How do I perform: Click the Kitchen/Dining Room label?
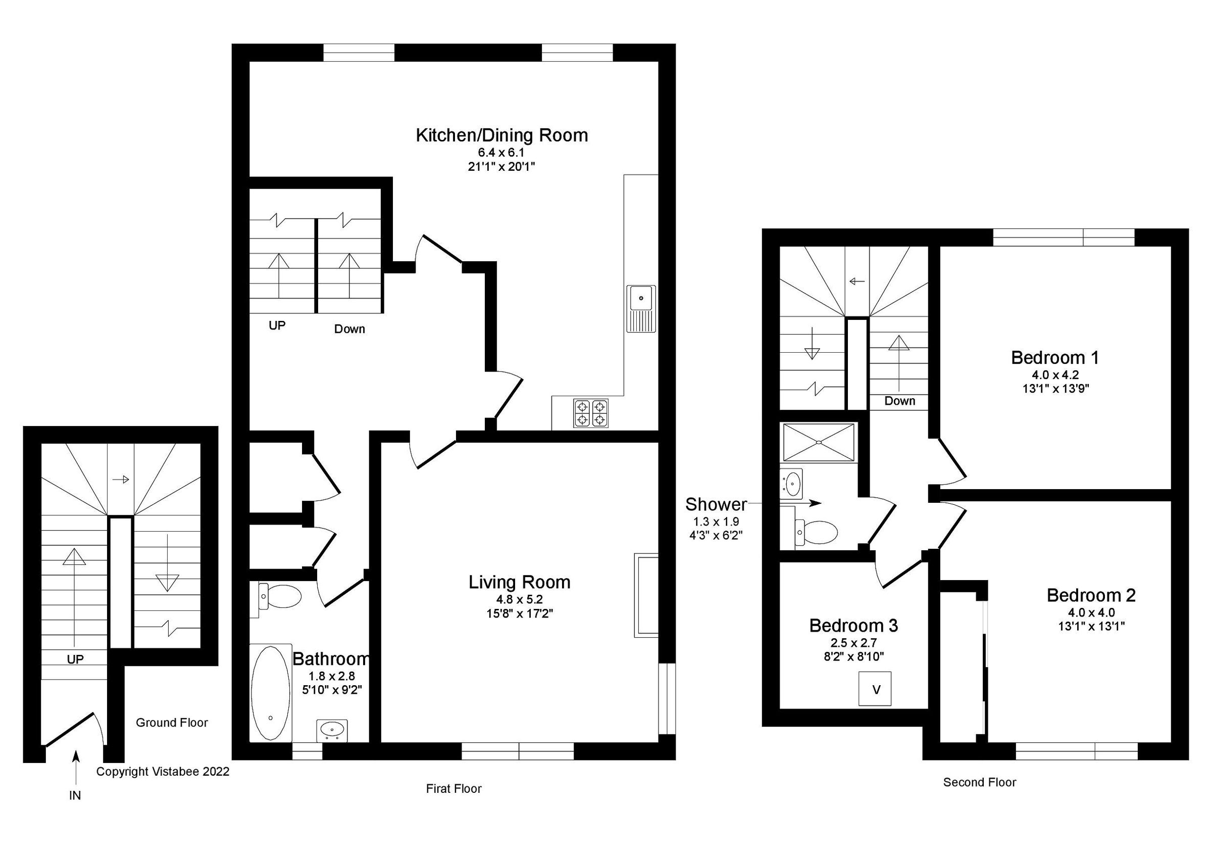coord(501,135)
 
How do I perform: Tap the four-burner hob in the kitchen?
coord(591,413)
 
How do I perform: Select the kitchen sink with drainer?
coord(641,308)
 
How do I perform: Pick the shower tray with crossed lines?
coord(819,442)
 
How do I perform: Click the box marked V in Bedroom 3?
coord(875,689)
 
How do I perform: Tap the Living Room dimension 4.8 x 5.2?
coord(519,599)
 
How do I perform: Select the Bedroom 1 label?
coord(1054,358)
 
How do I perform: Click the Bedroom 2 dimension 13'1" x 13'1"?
coord(1091,626)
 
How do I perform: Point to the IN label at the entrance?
coord(75,795)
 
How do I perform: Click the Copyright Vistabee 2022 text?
coord(163,772)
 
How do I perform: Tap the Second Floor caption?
coord(979,782)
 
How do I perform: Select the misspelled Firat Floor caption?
coord(453,788)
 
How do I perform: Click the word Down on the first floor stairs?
coord(349,329)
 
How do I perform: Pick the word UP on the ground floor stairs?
coord(75,659)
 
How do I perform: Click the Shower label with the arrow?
coord(716,504)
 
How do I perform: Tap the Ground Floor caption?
coord(172,723)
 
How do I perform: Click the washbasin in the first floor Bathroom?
coord(331,730)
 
